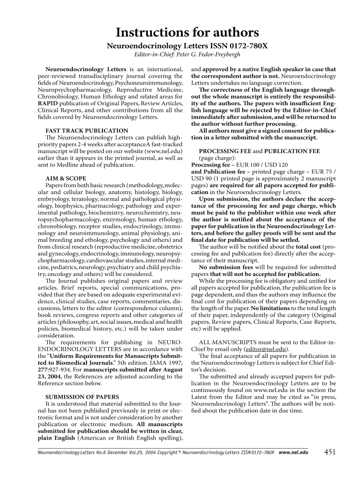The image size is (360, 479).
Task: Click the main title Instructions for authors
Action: coord(180,32)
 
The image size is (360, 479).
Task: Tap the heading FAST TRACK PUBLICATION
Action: coord(79,131)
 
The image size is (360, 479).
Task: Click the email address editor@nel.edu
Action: coord(266,348)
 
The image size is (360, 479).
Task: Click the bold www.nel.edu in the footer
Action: coord(293,453)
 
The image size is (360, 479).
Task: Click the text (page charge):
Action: coord(217,158)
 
